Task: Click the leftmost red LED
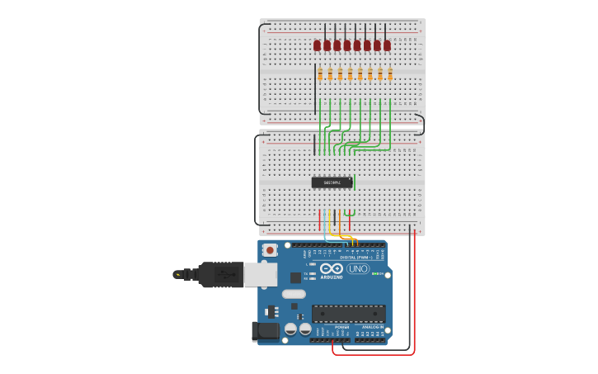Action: tap(317, 45)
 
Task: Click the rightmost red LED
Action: tap(387, 45)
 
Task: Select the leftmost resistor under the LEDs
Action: tap(320, 74)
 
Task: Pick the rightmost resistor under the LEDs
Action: tap(390, 74)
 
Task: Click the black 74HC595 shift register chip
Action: tap(332, 182)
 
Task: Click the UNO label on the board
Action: tap(358, 268)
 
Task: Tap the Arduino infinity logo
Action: tap(332, 268)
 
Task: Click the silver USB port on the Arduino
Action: tap(261, 274)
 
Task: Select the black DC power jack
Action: tap(265, 331)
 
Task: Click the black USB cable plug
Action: tap(219, 274)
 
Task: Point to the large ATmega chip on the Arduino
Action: tap(348, 314)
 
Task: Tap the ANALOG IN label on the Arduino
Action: tap(372, 327)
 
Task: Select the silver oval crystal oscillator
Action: tap(294, 294)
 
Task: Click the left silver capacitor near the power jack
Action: tap(291, 329)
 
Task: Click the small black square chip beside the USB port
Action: tap(295, 277)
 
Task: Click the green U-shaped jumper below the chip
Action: tap(350, 213)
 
